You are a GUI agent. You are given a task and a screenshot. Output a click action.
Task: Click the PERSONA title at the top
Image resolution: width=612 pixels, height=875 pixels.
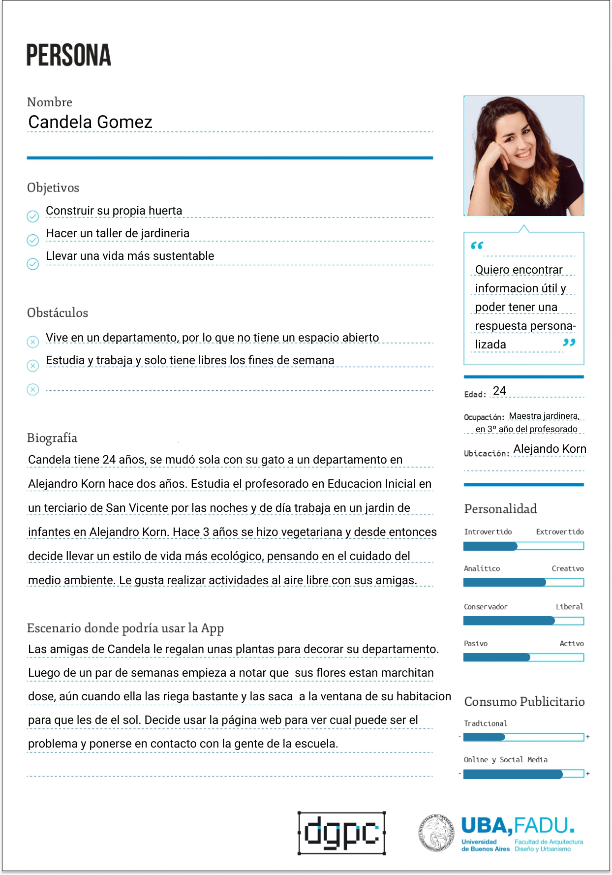(68, 55)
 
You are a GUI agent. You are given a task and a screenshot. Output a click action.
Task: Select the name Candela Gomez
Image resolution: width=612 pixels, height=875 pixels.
(90, 122)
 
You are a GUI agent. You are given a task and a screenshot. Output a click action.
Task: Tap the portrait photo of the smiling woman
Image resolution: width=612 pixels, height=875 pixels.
(523, 156)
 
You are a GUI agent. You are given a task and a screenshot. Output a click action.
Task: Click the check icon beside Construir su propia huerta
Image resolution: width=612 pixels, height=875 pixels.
(32, 217)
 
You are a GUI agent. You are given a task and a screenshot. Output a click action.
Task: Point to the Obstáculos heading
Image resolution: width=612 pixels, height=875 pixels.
(58, 313)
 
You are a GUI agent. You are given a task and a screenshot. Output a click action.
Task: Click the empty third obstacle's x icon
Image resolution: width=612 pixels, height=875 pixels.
(32, 390)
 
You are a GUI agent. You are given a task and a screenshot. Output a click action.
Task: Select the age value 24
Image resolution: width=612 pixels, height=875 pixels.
(499, 391)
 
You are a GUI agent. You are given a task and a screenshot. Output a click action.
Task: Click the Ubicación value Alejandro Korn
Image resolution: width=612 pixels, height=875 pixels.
(550, 449)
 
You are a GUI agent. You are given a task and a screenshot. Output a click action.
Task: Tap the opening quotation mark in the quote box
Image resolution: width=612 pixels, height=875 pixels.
(477, 246)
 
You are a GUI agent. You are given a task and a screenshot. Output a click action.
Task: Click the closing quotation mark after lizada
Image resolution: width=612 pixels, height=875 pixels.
(569, 343)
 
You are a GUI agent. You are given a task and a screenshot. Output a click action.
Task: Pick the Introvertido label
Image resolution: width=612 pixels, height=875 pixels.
(488, 532)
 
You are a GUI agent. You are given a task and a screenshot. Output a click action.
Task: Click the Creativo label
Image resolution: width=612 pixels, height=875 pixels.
(567, 569)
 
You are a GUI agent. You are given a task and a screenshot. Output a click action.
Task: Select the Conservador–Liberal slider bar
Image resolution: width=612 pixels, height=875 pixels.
(523, 621)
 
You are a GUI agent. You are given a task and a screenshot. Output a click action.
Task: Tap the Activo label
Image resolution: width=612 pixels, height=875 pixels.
(571, 644)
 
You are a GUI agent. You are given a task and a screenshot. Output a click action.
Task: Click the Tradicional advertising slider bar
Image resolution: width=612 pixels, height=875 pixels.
(523, 737)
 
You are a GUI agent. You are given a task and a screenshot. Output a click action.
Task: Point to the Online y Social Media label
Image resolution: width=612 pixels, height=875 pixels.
(505, 760)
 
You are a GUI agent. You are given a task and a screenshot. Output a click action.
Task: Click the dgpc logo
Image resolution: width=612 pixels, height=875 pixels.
(341, 833)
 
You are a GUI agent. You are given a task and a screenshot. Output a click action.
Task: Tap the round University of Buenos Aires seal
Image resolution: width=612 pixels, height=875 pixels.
(436, 833)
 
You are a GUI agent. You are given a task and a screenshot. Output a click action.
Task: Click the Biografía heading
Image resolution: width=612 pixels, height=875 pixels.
(52, 438)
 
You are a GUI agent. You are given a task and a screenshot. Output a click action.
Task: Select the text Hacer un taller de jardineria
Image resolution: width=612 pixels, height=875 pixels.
(118, 233)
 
